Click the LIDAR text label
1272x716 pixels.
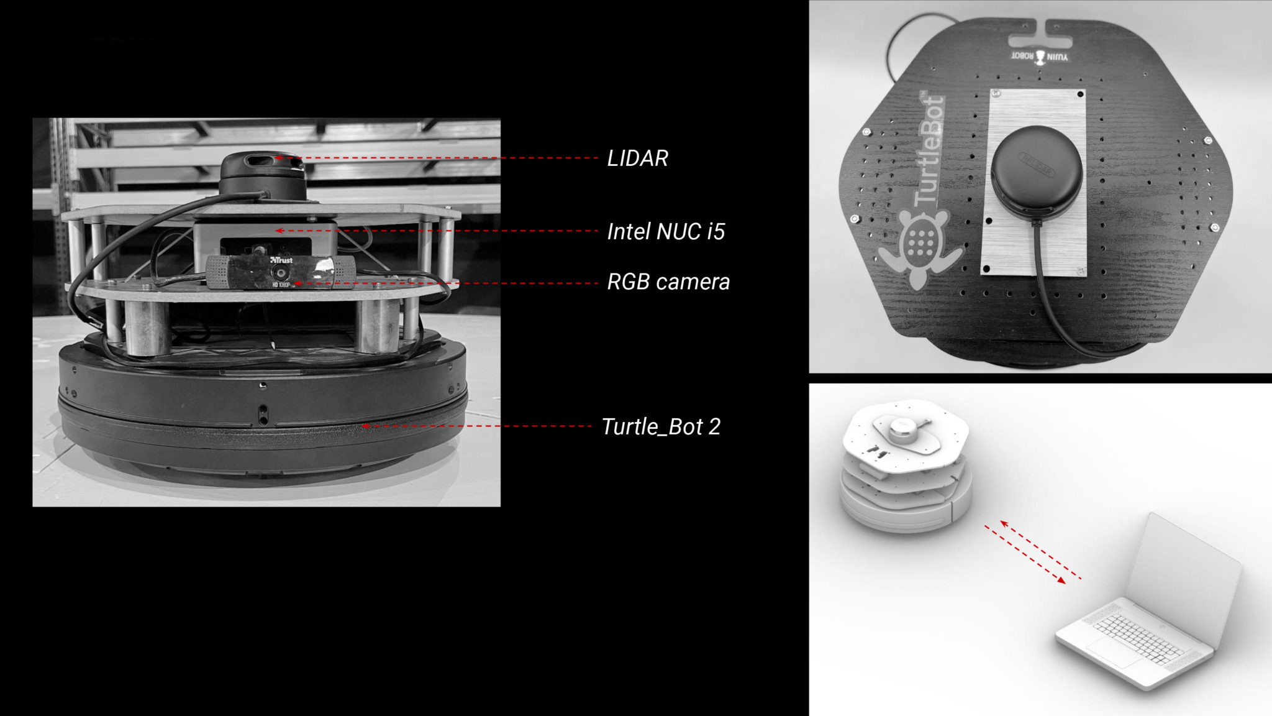coord(637,158)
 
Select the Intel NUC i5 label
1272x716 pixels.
coord(666,231)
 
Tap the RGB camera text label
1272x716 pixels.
coord(668,282)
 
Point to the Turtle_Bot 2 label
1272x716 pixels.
coord(661,427)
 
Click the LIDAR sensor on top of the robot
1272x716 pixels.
coord(263,174)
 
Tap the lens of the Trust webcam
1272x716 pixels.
coord(282,273)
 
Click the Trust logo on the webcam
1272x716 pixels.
coord(281,260)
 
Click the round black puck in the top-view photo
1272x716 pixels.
coord(1036,172)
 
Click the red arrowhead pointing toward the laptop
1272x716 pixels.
coord(1061,580)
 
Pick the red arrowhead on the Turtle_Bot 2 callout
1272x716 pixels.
coord(366,426)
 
